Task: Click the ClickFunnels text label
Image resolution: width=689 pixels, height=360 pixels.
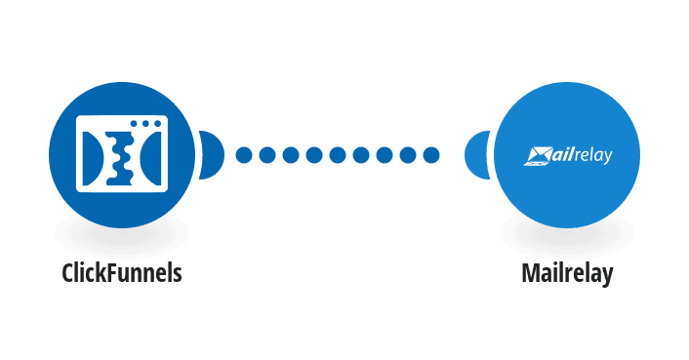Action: [122, 272]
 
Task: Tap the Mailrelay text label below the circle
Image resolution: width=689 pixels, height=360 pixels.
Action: [567, 274]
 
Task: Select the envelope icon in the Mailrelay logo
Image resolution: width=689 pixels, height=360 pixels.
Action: [538, 156]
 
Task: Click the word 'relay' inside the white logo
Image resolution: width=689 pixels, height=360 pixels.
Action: [591, 156]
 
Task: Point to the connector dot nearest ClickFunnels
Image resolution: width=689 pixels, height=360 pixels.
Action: [244, 155]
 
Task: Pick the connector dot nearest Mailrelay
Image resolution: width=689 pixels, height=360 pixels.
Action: [431, 155]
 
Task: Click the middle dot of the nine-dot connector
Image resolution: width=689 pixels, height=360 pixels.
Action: [338, 155]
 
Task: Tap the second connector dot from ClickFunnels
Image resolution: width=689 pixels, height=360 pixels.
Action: [267, 155]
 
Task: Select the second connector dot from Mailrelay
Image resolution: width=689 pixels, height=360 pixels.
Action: [408, 155]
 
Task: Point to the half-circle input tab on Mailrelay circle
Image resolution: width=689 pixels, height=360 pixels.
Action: [477, 155]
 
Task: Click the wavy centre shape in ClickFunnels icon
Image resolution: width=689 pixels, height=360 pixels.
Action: [119, 157]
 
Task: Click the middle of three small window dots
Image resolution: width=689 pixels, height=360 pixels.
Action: [145, 124]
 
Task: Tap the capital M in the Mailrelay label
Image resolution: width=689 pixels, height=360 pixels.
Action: [530, 272]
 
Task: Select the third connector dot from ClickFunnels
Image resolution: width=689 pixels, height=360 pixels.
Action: [291, 155]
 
